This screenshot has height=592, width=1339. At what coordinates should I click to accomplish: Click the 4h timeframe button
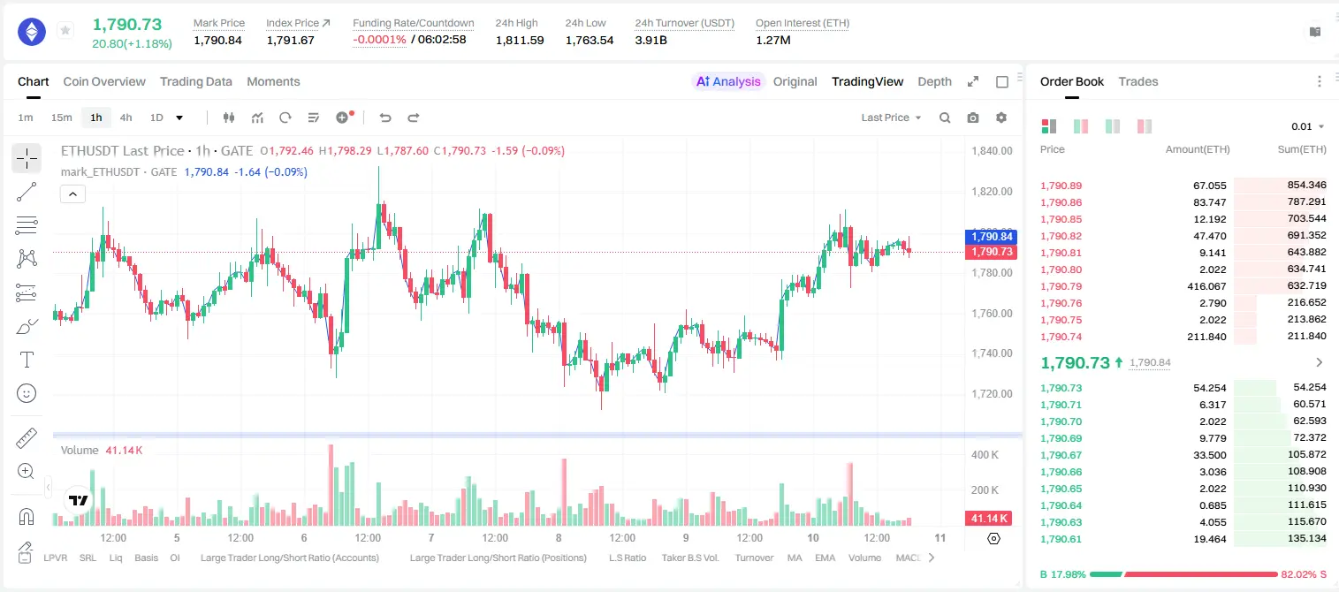(x=126, y=118)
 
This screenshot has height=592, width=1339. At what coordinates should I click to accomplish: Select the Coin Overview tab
(x=104, y=81)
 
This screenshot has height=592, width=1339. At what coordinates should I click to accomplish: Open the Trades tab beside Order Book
(x=1138, y=81)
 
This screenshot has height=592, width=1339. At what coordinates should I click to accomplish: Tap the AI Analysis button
(x=728, y=81)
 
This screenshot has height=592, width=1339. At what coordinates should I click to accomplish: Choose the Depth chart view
(x=934, y=81)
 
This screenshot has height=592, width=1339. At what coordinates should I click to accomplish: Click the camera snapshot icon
(x=973, y=118)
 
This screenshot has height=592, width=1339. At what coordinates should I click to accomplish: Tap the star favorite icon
(x=65, y=30)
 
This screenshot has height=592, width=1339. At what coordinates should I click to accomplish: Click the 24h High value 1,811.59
(x=520, y=40)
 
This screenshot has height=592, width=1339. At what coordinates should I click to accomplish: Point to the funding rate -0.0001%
(x=379, y=40)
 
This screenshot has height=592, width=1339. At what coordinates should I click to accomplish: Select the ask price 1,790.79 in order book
(x=1061, y=286)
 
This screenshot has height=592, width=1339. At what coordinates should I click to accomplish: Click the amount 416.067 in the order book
(x=1206, y=286)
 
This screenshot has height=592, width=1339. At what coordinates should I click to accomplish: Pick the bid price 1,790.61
(x=1061, y=539)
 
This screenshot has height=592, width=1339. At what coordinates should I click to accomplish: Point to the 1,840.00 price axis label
(x=992, y=150)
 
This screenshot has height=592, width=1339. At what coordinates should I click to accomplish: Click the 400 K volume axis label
(x=985, y=455)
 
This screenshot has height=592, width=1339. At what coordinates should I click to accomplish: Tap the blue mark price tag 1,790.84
(x=991, y=237)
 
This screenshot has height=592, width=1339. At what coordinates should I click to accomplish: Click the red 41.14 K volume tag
(x=989, y=519)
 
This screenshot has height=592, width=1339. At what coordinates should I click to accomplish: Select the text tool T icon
(x=27, y=360)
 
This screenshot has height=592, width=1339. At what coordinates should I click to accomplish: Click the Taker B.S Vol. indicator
(x=689, y=558)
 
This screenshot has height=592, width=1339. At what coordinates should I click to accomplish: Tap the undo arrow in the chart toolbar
(x=385, y=118)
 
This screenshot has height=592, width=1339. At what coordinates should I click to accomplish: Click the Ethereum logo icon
(x=32, y=31)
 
